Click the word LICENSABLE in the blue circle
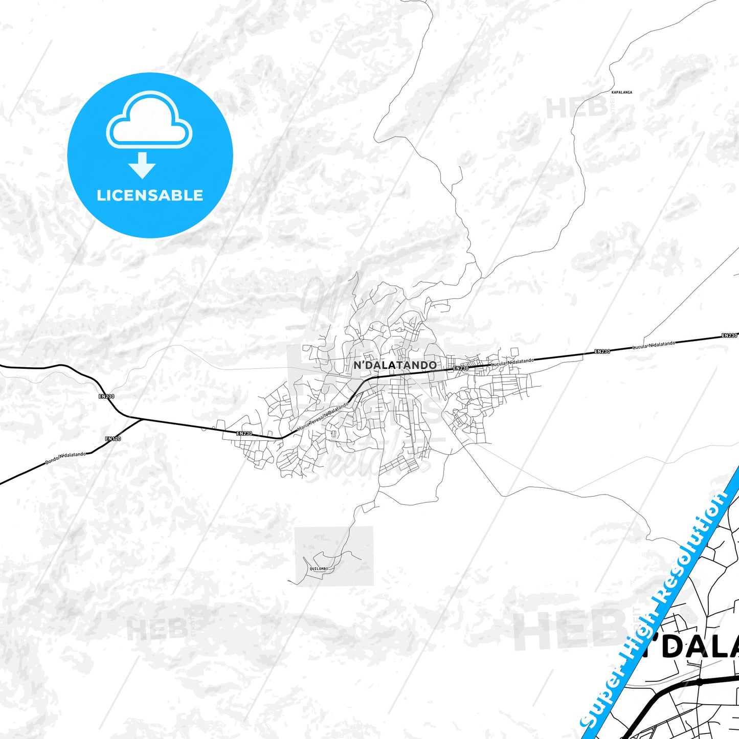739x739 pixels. click(150, 195)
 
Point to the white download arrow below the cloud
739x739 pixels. click(142, 165)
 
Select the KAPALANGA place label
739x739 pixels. click(621, 93)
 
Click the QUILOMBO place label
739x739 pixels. click(319, 569)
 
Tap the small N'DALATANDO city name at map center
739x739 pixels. click(395, 365)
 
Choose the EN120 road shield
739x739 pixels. click(113, 439)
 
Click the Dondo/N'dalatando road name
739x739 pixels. click(65, 458)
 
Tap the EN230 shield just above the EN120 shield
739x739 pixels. click(106, 396)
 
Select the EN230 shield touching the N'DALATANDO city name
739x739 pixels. click(460, 368)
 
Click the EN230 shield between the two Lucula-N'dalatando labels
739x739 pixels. click(602, 352)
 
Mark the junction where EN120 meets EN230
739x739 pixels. click(141, 419)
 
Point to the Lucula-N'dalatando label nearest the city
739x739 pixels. click(512, 361)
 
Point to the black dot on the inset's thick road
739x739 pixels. click(700, 682)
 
